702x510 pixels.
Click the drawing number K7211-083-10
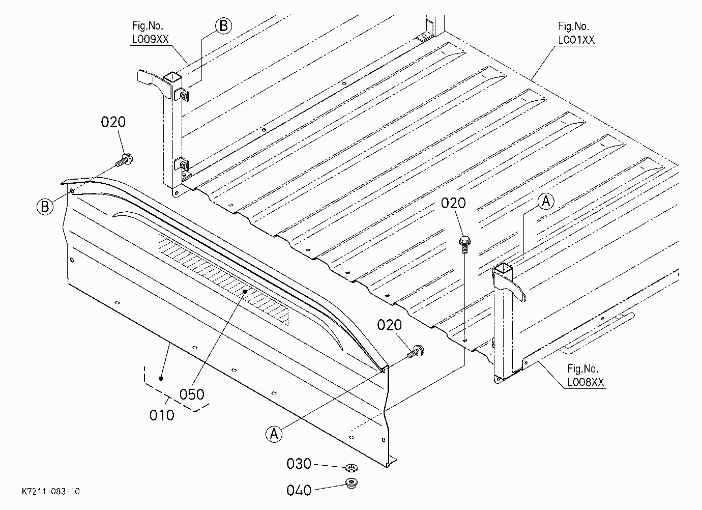coord(51,491)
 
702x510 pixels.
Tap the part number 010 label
coord(162,415)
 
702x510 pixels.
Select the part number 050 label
coord(192,394)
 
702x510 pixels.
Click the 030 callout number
coord(299,464)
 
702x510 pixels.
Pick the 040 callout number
coord(299,490)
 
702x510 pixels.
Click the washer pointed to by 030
coord(352,468)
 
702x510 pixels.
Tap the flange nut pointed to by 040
coord(352,484)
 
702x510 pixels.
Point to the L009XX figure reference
coord(151,39)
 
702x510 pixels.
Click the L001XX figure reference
coord(576,40)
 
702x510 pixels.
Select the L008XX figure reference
coord(586,382)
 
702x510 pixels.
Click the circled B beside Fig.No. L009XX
coord(223,26)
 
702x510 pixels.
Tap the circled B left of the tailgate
coord(45,207)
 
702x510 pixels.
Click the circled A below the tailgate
coord(274,434)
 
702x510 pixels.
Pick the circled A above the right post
coord(546,201)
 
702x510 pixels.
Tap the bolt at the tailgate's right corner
coord(416,351)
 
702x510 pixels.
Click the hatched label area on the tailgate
coord(223,279)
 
